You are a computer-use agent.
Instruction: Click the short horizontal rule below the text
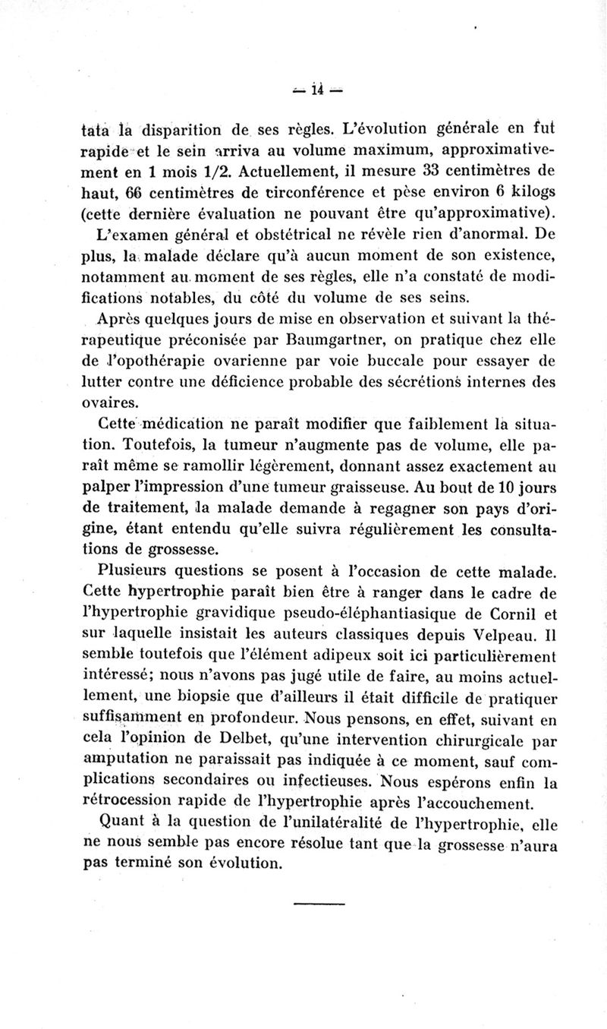click(318, 902)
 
